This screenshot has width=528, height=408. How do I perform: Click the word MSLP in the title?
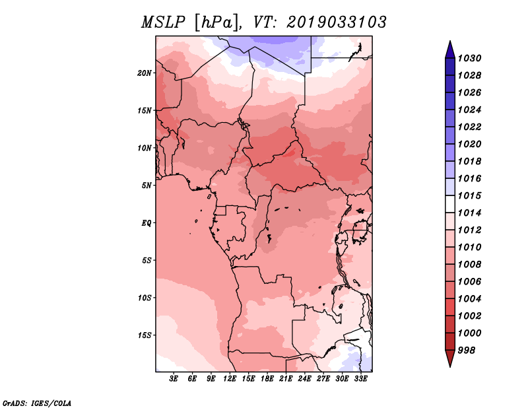pyautogui.click(x=163, y=22)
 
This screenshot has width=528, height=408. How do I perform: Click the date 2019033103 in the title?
pyautogui.click(x=337, y=22)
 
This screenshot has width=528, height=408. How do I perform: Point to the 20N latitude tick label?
pyautogui.click(x=145, y=73)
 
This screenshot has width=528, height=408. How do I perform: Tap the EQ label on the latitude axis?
pyautogui.click(x=147, y=223)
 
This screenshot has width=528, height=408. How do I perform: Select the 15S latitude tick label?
pyautogui.click(x=145, y=335)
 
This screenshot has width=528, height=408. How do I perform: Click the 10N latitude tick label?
pyautogui.click(x=145, y=148)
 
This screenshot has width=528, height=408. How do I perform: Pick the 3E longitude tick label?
pyautogui.click(x=174, y=379)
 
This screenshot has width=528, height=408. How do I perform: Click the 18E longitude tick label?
pyautogui.click(x=267, y=379)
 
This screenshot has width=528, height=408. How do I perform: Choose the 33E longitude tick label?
pyautogui.click(x=360, y=379)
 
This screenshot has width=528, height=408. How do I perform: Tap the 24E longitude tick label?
pyautogui.click(x=304, y=379)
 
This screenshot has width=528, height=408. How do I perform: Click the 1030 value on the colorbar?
pyautogui.click(x=470, y=58)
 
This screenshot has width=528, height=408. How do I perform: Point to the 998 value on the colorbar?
pyautogui.click(x=467, y=351)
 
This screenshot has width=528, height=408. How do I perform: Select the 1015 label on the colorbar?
pyautogui.click(x=470, y=195)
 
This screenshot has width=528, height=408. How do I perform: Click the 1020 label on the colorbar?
pyautogui.click(x=470, y=144)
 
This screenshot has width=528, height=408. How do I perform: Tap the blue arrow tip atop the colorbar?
pyautogui.click(x=450, y=41)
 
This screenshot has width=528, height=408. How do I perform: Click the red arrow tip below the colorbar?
pyautogui.click(x=450, y=366)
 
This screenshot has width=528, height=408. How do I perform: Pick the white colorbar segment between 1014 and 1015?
pyautogui.click(x=450, y=204)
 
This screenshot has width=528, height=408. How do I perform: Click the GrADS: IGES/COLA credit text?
pyautogui.click(x=37, y=403)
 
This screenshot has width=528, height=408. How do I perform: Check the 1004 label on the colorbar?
pyautogui.click(x=470, y=299)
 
